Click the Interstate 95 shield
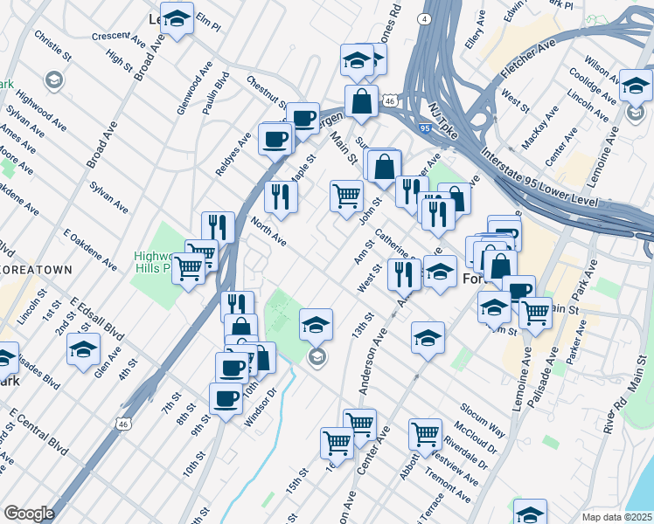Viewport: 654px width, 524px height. pyautogui.click(x=426, y=128)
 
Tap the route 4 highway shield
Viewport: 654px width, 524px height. pyautogui.click(x=423, y=17)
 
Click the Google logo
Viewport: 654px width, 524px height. pyautogui.click(x=29, y=514)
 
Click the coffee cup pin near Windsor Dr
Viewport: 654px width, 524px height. pyautogui.click(x=226, y=398)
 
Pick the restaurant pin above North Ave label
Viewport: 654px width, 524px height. pyautogui.click(x=281, y=197)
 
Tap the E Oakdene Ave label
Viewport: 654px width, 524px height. pyautogui.click(x=90, y=247)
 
